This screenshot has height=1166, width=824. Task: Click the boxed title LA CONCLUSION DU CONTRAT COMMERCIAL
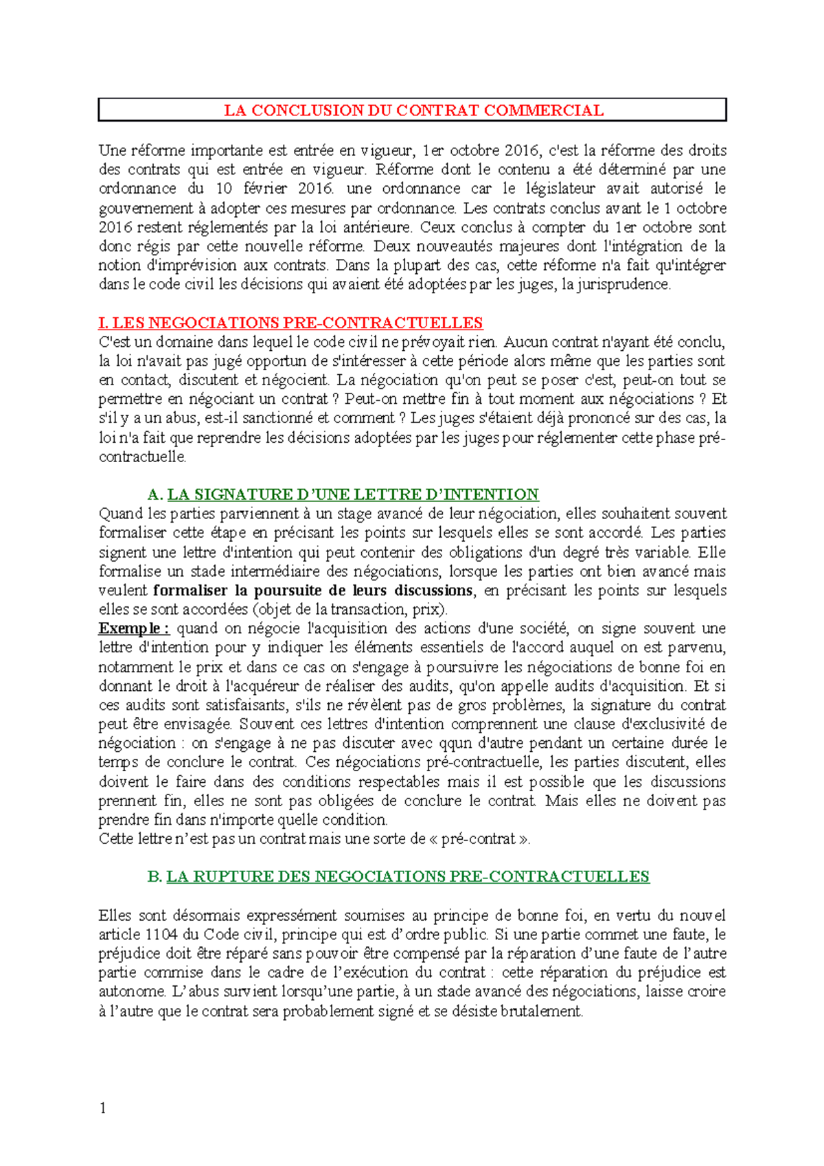click(413, 111)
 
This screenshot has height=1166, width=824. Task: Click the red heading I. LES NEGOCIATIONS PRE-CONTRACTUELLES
click(290, 323)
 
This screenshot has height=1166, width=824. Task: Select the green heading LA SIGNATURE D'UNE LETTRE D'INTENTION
click(353, 494)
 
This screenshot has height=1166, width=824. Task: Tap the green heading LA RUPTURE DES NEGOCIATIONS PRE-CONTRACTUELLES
click(408, 877)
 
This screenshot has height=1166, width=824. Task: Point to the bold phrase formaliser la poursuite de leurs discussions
click(312, 591)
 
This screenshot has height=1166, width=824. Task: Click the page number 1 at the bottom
click(103, 1108)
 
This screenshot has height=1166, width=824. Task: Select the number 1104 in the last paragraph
click(161, 935)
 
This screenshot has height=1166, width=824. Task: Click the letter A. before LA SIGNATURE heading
click(155, 495)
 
